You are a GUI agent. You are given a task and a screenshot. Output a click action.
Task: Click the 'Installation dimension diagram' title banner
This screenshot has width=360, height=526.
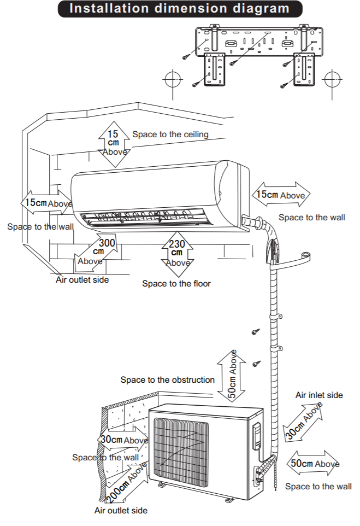pyautogui.click(x=180, y=9)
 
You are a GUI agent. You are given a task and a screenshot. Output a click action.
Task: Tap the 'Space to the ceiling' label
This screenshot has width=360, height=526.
pyautogui.click(x=170, y=135)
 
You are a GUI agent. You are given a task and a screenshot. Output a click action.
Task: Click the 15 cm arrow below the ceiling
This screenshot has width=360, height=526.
pyautogui.click(x=114, y=144)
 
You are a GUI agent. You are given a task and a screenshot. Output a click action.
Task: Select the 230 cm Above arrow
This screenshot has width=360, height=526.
pyautogui.click(x=178, y=254)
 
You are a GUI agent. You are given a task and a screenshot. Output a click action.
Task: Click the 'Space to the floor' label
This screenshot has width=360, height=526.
pyautogui.click(x=176, y=284)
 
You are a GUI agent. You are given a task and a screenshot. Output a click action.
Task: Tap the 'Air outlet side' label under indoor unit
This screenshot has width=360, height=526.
pyautogui.click(x=82, y=280)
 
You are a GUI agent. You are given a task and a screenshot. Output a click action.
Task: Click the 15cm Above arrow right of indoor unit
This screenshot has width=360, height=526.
pyautogui.click(x=281, y=195)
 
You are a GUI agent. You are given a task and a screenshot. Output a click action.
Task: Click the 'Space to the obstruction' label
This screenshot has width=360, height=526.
pyautogui.click(x=167, y=380)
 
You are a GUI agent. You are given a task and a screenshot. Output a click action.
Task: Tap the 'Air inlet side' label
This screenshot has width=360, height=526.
pyautogui.click(x=319, y=395)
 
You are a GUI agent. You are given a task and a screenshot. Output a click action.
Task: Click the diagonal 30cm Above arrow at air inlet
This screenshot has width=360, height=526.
pyautogui.click(x=303, y=422)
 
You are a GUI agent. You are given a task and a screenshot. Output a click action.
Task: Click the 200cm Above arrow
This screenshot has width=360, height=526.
pyautogui.click(x=127, y=483)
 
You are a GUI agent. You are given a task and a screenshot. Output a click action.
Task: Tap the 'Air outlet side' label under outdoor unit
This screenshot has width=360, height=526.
pyautogui.click(x=121, y=511)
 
